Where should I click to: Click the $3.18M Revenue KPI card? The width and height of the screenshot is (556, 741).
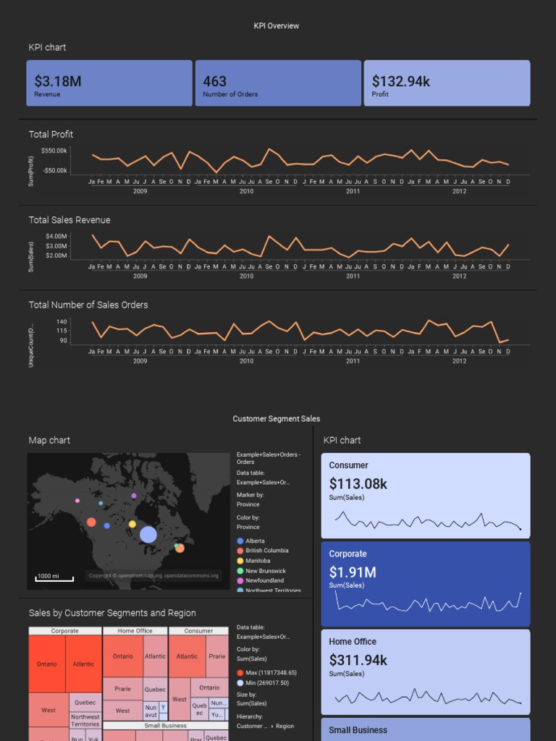click(x=109, y=83)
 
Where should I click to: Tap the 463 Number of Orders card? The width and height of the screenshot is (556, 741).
click(x=277, y=83)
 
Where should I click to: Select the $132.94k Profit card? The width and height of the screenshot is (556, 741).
click(x=447, y=83)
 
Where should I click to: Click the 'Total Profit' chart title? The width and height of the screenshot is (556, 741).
click(x=51, y=135)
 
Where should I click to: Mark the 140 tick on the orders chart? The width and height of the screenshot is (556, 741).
click(x=62, y=321)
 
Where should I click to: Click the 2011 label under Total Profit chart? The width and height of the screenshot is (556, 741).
click(x=353, y=191)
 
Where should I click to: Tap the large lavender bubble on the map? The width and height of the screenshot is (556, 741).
click(x=148, y=535)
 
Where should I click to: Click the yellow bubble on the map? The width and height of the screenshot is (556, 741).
click(x=132, y=524)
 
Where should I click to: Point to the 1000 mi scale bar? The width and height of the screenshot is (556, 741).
click(x=54, y=577)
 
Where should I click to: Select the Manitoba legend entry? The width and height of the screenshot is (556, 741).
click(x=258, y=561)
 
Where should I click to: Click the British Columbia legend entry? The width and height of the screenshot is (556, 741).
click(x=266, y=551)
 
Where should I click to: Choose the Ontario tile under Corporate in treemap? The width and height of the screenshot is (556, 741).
click(x=46, y=664)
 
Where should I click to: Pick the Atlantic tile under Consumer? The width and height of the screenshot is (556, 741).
click(x=187, y=656)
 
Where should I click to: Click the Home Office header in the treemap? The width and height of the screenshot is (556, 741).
click(x=135, y=631)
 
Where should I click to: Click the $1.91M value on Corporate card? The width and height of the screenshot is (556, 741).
click(x=353, y=572)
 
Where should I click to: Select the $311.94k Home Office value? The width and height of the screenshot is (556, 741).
click(x=358, y=660)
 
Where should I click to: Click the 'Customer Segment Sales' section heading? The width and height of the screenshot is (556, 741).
click(x=276, y=419)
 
